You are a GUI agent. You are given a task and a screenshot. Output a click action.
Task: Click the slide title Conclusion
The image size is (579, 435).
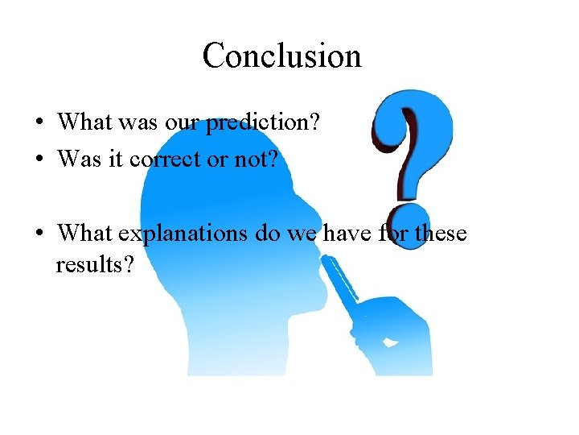(x=282, y=56)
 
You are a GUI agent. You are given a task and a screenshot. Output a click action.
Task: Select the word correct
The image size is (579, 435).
(x=170, y=159)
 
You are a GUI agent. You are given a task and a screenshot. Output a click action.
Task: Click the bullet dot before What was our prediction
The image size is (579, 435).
(x=39, y=123)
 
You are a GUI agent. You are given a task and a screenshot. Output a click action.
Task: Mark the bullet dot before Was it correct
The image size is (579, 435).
(x=39, y=159)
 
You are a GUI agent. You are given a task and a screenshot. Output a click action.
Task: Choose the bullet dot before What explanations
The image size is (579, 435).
(x=39, y=234)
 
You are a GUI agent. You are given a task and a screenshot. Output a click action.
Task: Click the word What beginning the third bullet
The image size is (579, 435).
(x=85, y=234)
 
